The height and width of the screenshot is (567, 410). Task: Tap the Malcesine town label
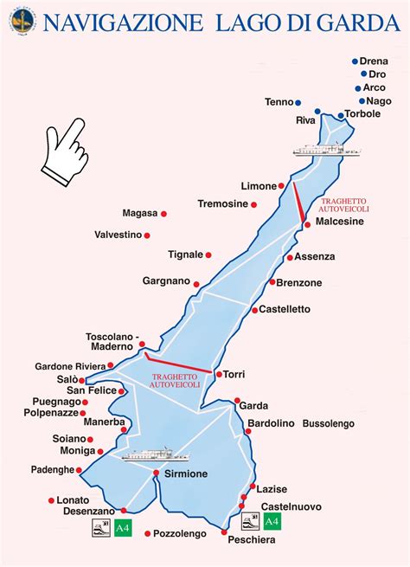tap(340, 222)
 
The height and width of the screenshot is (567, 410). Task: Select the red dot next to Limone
tap(283, 186)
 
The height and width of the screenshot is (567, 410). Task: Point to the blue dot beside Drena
tap(355, 61)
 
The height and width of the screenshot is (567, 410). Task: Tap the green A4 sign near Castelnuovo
tap(272, 521)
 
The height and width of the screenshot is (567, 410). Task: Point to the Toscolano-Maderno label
tap(112, 342)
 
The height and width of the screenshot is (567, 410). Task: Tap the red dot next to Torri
tap(217, 374)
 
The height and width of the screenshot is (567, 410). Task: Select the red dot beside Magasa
tap(163, 214)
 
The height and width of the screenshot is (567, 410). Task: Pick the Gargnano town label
tap(166, 282)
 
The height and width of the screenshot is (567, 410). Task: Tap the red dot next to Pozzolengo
tap(148, 533)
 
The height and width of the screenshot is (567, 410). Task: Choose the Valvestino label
tap(119, 235)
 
